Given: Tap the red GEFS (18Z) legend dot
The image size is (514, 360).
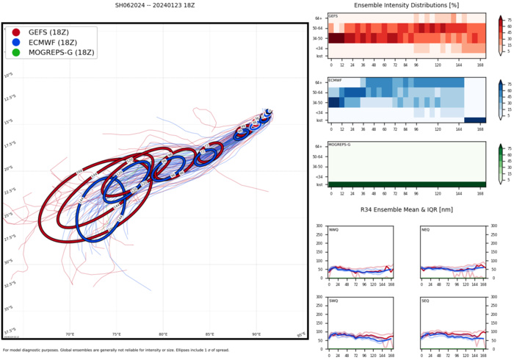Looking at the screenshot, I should pyautogui.click(x=16, y=32).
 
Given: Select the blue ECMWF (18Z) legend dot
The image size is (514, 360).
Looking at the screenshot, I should pyautogui.click(x=16, y=43).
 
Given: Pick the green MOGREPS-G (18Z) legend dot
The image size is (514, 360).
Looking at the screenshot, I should pyautogui.click(x=16, y=53).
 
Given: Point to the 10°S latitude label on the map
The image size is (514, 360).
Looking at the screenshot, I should pyautogui.click(x=8, y=76).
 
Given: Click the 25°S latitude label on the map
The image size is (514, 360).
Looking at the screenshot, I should pyautogui.click(x=8, y=215).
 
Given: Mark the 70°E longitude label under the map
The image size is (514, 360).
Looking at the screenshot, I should pyautogui.click(x=70, y=334).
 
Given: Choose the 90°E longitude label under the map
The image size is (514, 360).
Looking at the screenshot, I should pyautogui.click(x=257, y=334).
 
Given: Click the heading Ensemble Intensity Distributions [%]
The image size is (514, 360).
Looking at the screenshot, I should pyautogui.click(x=405, y=7).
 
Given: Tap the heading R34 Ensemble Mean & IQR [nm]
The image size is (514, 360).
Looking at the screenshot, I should pyautogui.click(x=405, y=211).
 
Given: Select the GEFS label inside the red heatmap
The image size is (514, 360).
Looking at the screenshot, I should pyautogui.click(x=333, y=15).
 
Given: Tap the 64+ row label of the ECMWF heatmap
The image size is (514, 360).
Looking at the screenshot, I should pyautogui.click(x=319, y=82).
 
